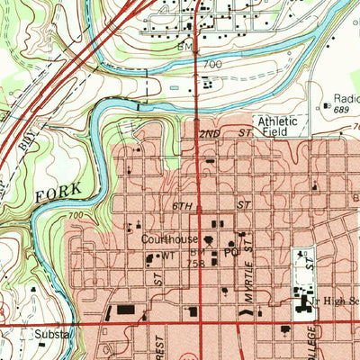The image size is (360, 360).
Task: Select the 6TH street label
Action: point(183,206)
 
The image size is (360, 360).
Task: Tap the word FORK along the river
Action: point(62,193)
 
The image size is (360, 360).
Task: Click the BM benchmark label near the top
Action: point(185,46)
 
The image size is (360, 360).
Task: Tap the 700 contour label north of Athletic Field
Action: point(211,66)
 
